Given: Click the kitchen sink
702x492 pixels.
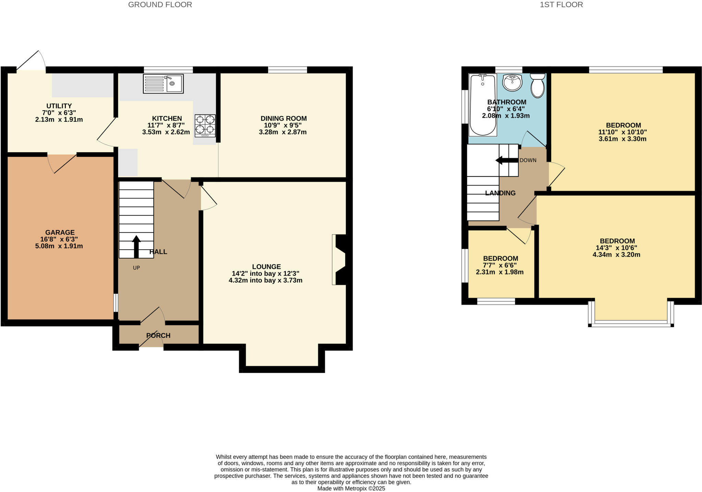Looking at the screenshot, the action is [x=163, y=84].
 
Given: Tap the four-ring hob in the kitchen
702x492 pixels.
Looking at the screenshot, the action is [x=205, y=126].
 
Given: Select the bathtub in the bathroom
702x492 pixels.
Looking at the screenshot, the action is [x=483, y=105].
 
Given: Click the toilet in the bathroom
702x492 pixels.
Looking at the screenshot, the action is [x=537, y=85].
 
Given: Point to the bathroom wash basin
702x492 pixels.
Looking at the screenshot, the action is [x=512, y=82].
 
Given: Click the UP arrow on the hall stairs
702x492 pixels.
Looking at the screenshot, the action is [x=136, y=247].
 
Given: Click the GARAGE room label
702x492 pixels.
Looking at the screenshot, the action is [x=60, y=232].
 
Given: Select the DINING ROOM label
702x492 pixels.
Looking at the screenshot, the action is [x=283, y=119].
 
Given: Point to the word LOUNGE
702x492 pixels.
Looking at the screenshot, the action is [x=266, y=267].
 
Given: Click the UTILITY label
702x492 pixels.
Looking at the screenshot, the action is [x=59, y=106].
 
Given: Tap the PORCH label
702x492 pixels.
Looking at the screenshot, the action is [x=158, y=336].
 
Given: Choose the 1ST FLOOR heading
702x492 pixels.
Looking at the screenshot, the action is [x=561, y=5].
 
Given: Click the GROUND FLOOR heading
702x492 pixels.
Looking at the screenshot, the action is [x=160, y=5].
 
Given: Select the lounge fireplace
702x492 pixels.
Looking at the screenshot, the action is [x=339, y=260].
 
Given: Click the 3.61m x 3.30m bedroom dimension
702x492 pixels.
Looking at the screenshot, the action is [x=622, y=139].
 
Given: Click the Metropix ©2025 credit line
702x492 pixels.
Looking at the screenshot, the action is [x=351, y=489].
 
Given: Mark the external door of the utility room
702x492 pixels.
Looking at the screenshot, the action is [x=31, y=62].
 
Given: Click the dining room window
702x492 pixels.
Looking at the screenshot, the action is [x=287, y=70].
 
